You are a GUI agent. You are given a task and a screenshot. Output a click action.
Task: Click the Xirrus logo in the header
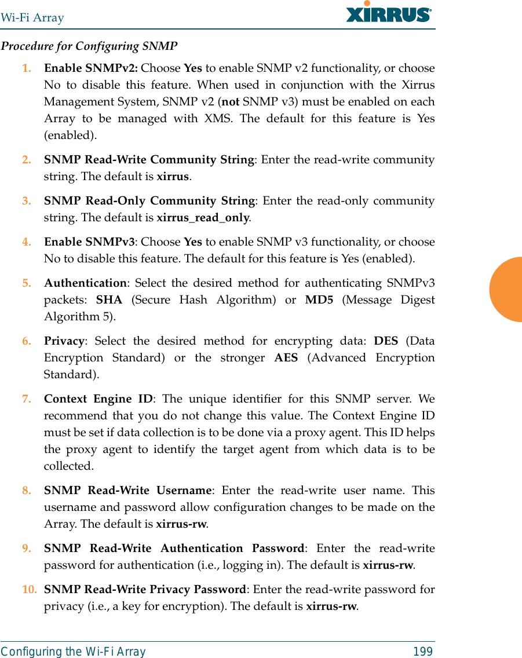389,13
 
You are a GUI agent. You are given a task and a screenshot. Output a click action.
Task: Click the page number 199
423,652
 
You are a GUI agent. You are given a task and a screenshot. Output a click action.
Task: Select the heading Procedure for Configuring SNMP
89,46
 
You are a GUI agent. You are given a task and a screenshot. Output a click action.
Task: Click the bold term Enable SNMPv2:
91,68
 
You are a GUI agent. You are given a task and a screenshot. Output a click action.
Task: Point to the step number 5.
27,283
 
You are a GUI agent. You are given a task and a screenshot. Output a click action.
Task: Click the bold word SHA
109,300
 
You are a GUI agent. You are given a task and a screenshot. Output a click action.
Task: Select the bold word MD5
319,300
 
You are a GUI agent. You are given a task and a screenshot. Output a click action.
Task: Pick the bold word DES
386,341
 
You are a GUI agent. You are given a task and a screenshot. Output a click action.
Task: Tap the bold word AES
286,357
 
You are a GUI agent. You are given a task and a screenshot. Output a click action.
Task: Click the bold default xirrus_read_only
203,218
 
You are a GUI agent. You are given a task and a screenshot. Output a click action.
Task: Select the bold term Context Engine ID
98,399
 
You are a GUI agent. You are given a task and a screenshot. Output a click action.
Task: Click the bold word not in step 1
230,101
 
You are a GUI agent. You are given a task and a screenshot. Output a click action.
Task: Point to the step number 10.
29,590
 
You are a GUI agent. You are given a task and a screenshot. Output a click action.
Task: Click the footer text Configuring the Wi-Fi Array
74,652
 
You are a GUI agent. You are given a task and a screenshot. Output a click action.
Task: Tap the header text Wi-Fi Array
32,17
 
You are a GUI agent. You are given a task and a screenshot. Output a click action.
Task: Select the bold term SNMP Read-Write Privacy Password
145,590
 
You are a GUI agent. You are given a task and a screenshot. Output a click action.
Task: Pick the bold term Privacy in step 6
64,341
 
